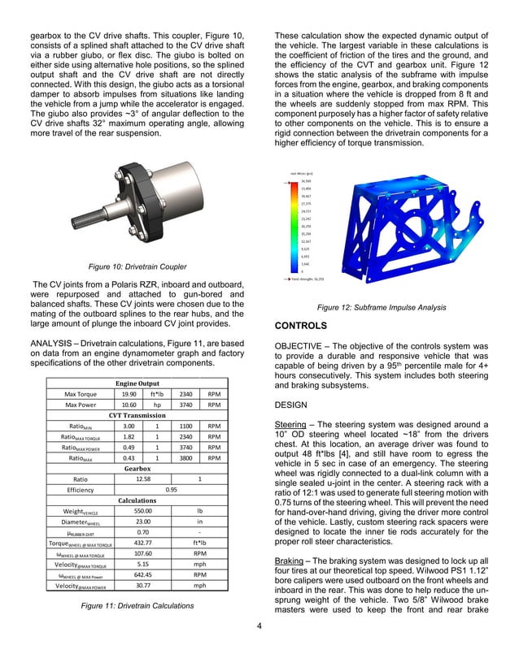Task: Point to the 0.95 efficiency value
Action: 172,490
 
